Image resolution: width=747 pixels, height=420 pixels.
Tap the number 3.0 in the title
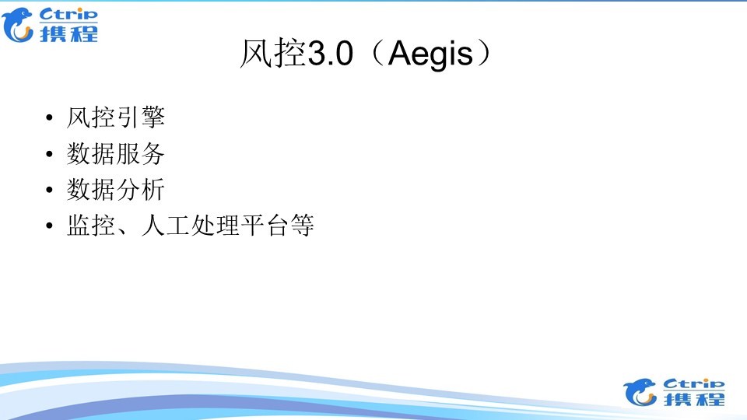tap(332, 55)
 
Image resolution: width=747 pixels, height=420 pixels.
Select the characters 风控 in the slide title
tap(272, 55)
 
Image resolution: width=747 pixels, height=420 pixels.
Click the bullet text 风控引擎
tap(116, 118)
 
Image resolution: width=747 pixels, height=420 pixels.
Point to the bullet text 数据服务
tap(116, 154)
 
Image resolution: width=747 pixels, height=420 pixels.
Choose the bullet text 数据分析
tap(116, 190)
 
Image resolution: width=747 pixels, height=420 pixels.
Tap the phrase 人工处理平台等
tap(227, 226)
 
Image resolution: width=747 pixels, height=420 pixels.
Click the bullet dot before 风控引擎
tap(51, 119)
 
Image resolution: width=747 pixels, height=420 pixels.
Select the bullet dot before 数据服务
tap(51, 155)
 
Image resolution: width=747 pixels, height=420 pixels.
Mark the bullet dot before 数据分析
tap(51, 191)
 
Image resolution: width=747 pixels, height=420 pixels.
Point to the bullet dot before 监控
tap(51, 226)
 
